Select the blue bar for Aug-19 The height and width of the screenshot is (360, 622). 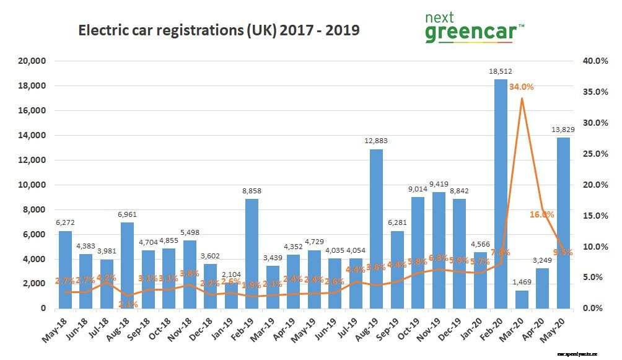[x=376, y=229]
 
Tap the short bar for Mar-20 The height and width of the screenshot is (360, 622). [x=522, y=299]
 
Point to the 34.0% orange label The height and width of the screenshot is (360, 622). [x=522, y=87]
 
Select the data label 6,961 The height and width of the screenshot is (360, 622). [x=128, y=214]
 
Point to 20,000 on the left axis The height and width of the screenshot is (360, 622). [x=33, y=61]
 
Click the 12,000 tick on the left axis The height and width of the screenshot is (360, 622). [x=33, y=160]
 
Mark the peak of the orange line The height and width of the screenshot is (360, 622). [x=522, y=98]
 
